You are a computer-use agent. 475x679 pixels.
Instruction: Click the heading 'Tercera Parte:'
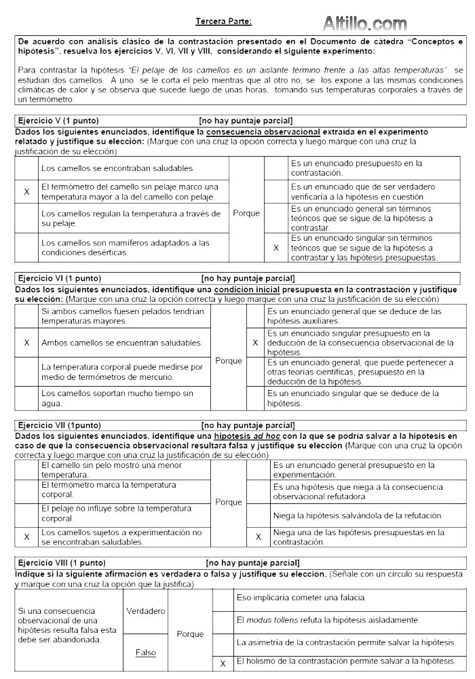click(x=223, y=22)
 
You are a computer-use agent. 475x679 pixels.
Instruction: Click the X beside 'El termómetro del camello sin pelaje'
click(x=26, y=192)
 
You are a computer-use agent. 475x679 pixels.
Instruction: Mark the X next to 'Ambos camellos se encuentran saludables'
click(x=26, y=343)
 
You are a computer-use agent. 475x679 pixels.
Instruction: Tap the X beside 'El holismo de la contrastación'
click(x=222, y=662)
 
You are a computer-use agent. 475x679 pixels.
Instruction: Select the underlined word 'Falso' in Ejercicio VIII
click(x=145, y=653)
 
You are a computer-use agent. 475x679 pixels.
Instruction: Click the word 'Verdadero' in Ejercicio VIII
click(x=146, y=611)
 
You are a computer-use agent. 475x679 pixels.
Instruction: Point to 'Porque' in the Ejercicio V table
click(x=246, y=213)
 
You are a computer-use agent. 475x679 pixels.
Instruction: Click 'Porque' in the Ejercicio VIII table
click(x=190, y=634)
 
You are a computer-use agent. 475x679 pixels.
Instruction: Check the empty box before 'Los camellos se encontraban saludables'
click(x=26, y=168)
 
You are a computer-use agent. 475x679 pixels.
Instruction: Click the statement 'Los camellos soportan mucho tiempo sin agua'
click(x=117, y=397)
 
